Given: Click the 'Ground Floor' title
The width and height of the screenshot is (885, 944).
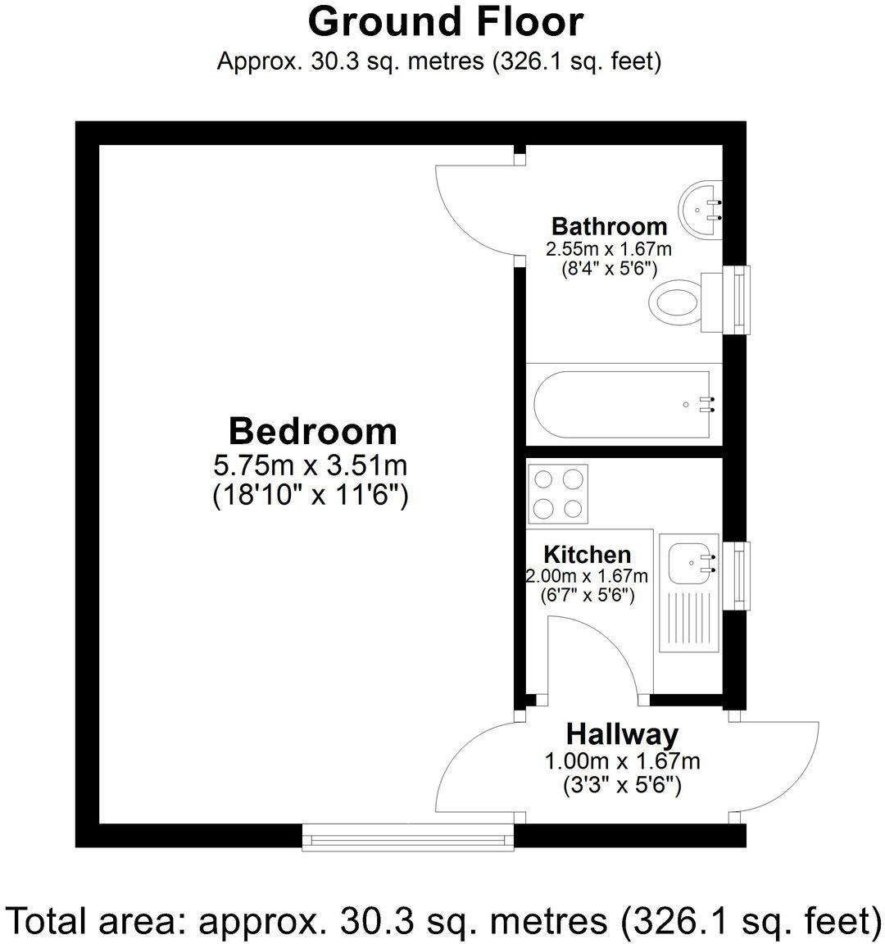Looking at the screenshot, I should click(x=445, y=22).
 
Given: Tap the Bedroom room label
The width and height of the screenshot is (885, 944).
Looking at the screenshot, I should click(x=312, y=431).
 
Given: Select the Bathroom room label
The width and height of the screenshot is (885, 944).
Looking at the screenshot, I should click(x=609, y=226).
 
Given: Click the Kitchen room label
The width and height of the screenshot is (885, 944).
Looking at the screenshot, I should click(x=588, y=555).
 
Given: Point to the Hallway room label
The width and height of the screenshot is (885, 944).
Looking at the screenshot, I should click(x=622, y=733).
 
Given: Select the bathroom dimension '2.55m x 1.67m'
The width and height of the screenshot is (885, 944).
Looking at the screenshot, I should click(x=609, y=248).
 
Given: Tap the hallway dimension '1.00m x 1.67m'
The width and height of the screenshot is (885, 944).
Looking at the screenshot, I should click(x=622, y=761).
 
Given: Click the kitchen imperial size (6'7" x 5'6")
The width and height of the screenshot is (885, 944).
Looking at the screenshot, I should click(x=588, y=596).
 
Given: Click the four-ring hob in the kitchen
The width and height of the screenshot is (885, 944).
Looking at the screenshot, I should click(x=558, y=493).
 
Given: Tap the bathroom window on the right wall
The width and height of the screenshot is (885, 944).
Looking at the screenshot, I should click(x=741, y=300).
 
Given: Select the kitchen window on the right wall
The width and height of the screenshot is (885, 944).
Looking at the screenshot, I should click(x=741, y=575).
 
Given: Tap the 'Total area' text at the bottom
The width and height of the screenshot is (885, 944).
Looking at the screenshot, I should click(x=442, y=920).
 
